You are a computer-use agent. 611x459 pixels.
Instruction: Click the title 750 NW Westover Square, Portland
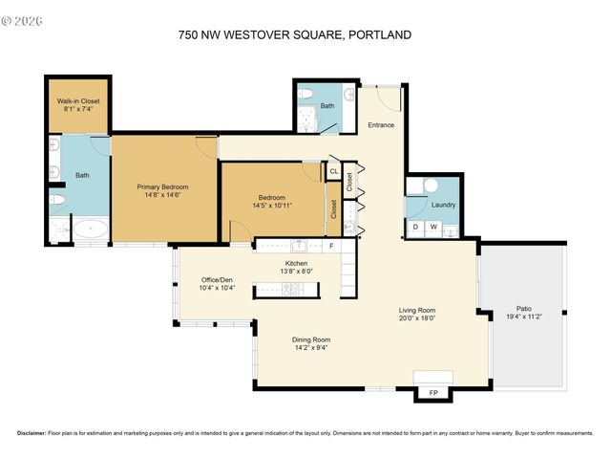tap(294, 35)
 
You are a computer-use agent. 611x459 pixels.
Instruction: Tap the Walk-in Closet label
tap(78, 100)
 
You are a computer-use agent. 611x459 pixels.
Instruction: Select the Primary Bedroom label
tap(161, 186)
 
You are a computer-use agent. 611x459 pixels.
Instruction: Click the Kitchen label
tap(296, 263)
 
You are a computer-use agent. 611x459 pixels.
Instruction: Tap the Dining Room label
tap(310, 339)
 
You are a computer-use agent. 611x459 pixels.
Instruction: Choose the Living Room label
tap(417, 310)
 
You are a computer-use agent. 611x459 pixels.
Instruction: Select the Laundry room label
tap(443, 205)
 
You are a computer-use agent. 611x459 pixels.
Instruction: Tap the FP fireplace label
tap(433, 392)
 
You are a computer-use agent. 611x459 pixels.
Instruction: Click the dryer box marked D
tap(416, 228)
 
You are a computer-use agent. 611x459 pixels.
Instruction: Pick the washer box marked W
tap(433, 228)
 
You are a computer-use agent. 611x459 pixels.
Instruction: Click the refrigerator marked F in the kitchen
tap(331, 246)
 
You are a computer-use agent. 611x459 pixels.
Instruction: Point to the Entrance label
tap(382, 125)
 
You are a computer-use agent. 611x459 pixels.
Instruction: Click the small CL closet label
tap(333, 172)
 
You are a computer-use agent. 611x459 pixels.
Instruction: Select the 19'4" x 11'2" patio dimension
tap(524, 318)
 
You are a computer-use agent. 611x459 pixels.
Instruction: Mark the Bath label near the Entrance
tap(327, 106)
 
